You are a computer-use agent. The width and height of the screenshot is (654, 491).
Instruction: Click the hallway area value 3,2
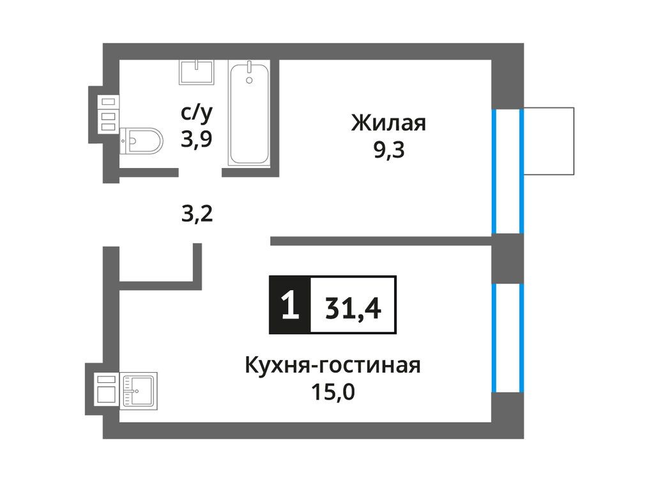click(x=195, y=212)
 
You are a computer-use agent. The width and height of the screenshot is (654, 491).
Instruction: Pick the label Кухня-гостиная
click(x=332, y=366)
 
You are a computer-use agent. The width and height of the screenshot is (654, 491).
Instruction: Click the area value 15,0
click(x=332, y=391)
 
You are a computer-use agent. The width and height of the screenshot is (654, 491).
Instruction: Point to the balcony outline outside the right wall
click(x=549, y=141)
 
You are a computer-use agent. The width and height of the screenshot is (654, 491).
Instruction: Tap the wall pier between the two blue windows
click(x=508, y=258)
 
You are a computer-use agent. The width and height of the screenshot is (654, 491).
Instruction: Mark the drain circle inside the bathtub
click(x=249, y=80)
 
